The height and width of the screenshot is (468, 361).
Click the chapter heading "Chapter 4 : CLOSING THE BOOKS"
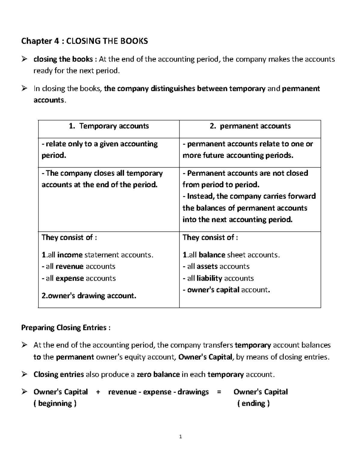point(85,41)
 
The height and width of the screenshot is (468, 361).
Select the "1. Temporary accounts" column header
point(109,126)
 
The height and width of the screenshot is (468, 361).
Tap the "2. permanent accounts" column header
point(250,126)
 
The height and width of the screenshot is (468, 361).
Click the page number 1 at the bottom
point(180,437)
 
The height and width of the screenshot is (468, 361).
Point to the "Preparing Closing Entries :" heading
point(66,328)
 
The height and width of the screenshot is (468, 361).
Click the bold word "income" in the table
point(70,255)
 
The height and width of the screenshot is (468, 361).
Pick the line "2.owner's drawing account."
point(89,296)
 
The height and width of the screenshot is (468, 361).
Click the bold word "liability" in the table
point(209,278)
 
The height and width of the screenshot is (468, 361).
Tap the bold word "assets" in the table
point(207,266)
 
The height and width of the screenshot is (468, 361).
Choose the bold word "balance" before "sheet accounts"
point(212,255)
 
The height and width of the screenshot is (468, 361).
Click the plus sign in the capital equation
point(98,392)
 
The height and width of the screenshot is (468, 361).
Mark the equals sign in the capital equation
point(219,392)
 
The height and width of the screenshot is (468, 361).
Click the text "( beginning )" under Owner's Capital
point(55,404)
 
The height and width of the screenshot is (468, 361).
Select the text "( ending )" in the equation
point(253,404)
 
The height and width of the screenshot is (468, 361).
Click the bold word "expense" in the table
point(69,278)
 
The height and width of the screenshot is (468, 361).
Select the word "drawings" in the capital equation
point(193,392)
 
